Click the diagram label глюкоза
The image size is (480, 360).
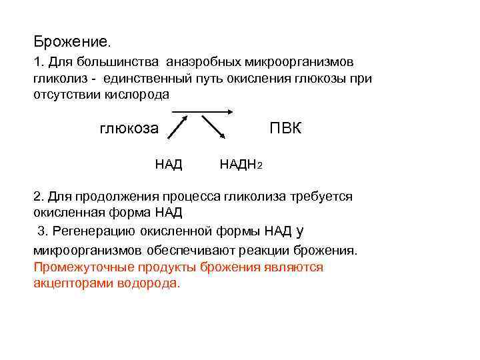pos(129,128)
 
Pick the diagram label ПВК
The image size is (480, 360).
pos(285,127)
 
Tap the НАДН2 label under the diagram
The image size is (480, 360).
pos(241,164)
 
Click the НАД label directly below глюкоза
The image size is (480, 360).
pos(169,164)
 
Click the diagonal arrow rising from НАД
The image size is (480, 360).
pos(178,127)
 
